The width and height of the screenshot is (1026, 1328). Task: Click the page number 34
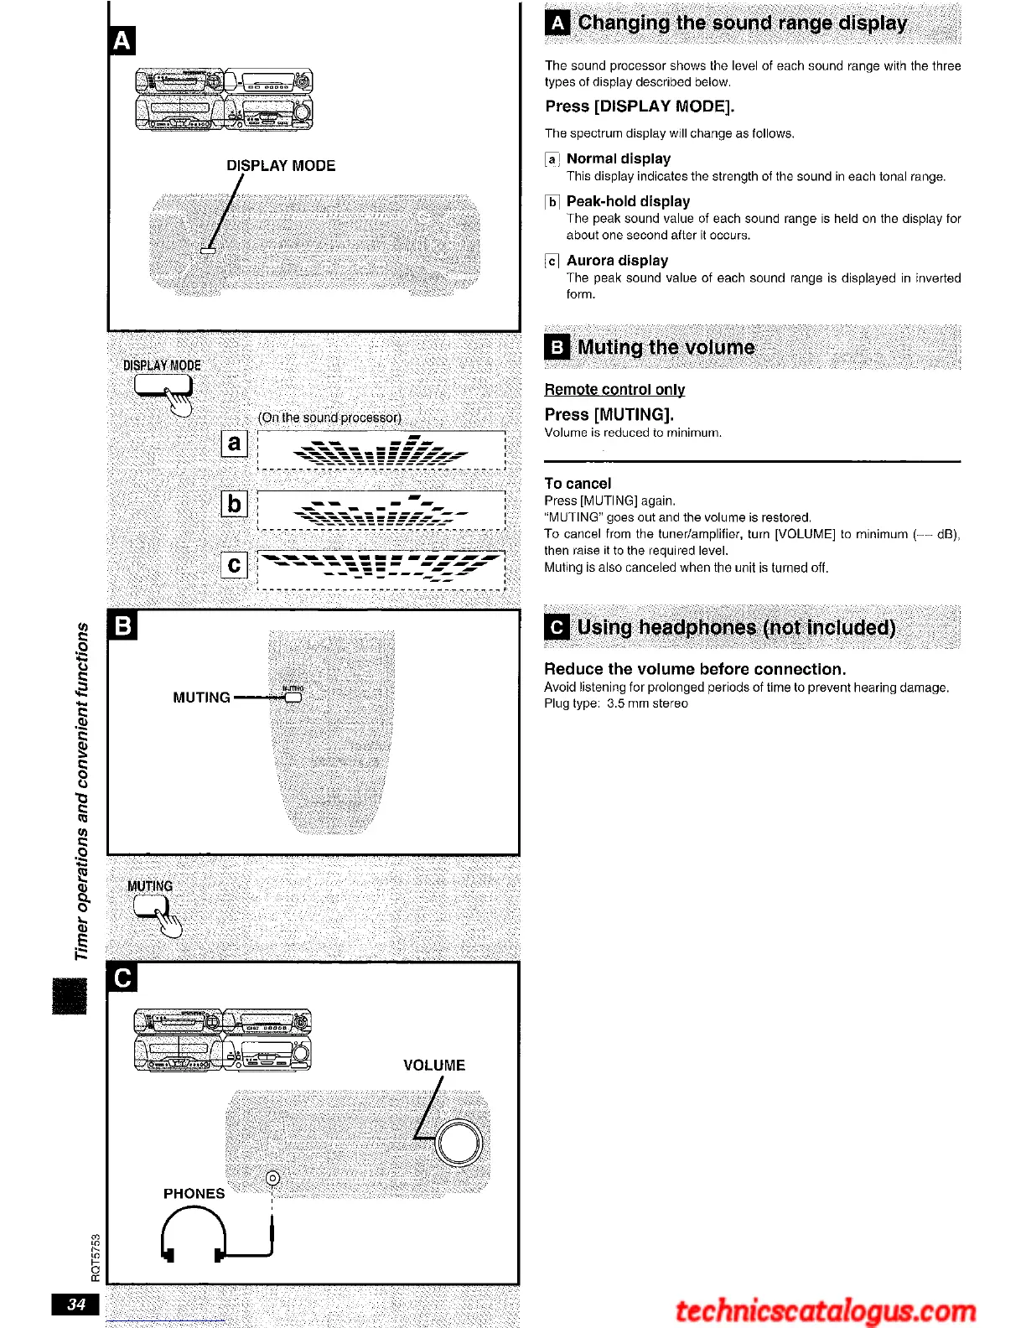coord(76,1304)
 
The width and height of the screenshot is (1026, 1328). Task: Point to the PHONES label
coord(194,1193)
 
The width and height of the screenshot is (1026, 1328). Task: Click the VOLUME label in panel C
coord(433,1066)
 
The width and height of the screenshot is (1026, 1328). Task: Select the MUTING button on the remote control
coord(293,697)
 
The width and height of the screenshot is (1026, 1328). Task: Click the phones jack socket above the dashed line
coord(272,1179)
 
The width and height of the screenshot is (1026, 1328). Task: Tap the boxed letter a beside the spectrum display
coord(235,443)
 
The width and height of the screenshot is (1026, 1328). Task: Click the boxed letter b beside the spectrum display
coord(235,503)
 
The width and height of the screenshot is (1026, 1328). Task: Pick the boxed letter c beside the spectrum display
coord(235,565)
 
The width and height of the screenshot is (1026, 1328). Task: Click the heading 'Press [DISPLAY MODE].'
coord(640,106)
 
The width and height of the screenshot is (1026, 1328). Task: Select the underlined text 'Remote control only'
coord(614,389)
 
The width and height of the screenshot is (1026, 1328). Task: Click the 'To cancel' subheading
coord(578,484)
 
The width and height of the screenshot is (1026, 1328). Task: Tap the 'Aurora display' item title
coord(617,261)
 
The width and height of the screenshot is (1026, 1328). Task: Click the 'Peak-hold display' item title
coord(628,201)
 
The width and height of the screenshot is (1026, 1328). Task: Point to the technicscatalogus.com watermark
coord(826,1310)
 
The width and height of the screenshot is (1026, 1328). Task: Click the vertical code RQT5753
coord(96,1258)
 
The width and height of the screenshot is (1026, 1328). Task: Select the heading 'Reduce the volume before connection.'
coord(695,669)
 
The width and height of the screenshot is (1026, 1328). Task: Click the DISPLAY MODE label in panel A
coord(281,166)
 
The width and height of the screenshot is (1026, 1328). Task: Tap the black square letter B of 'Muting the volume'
coord(557,348)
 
